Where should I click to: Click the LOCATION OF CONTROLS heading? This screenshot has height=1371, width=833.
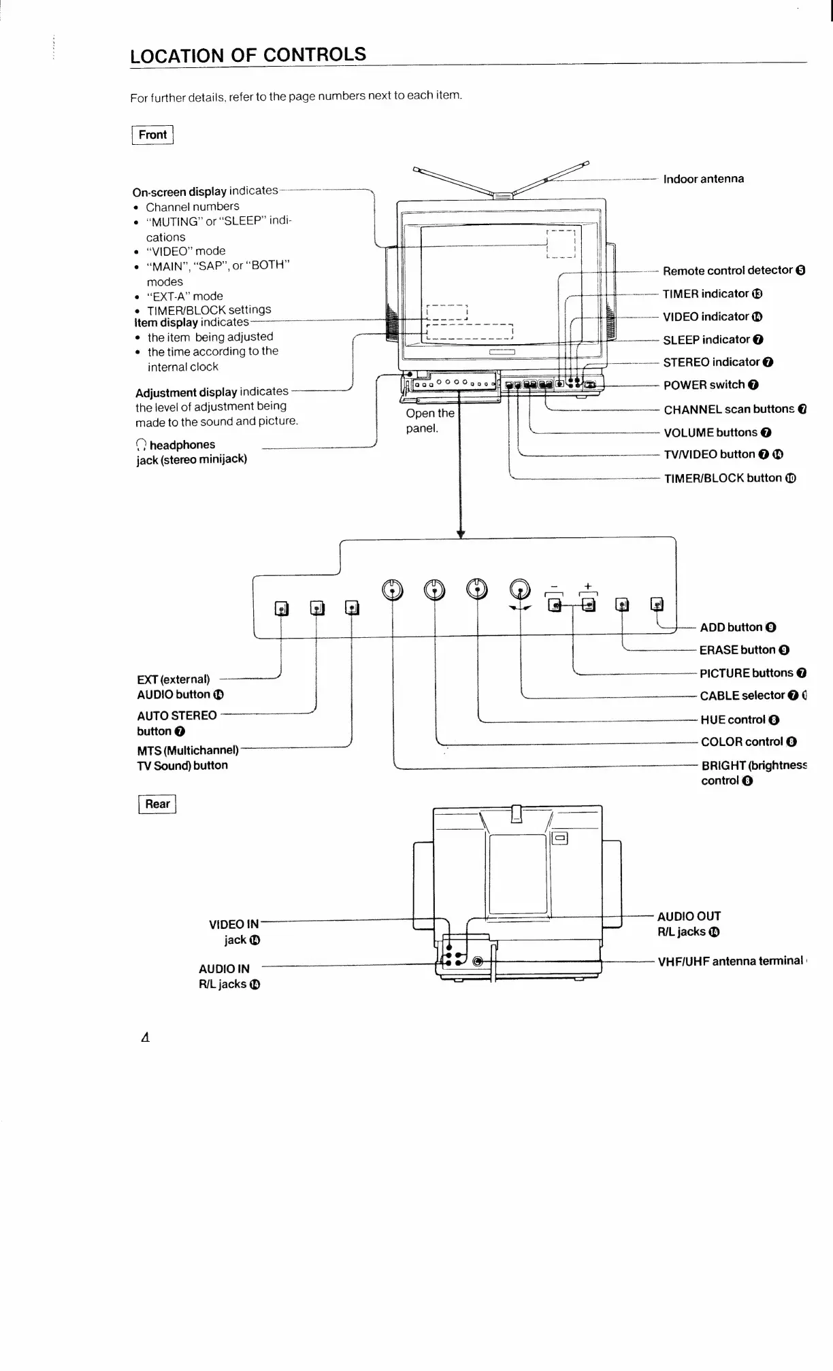[x=248, y=55]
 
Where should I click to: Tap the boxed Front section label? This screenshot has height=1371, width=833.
[x=152, y=135]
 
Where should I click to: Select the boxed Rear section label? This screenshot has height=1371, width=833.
[x=157, y=804]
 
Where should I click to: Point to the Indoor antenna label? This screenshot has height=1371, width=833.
[x=703, y=179]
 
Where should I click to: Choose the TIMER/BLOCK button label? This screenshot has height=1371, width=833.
[x=723, y=478]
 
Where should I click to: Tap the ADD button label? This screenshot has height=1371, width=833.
[x=730, y=627]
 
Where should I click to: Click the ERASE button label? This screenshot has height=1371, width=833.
[x=737, y=650]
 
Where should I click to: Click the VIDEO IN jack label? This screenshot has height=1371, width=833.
[x=234, y=932]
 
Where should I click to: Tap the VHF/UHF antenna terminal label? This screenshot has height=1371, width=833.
[x=730, y=961]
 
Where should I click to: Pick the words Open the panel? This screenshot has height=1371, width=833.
[x=429, y=421]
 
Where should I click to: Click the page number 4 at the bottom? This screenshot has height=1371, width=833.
[x=144, y=1038]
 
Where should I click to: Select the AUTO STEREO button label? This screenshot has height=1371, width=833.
[x=177, y=723]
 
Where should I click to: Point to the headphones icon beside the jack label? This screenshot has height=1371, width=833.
[x=141, y=445]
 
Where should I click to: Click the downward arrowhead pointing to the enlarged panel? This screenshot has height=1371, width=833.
[x=461, y=534]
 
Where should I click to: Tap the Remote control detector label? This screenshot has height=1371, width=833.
[x=728, y=271]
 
